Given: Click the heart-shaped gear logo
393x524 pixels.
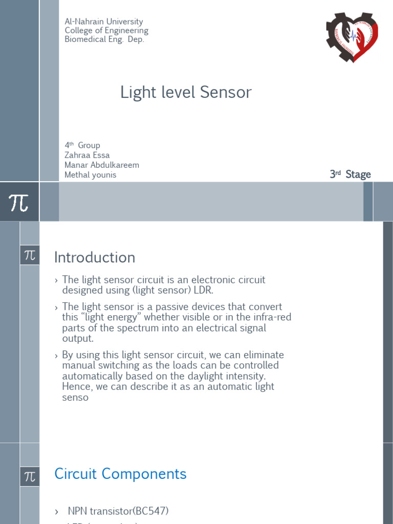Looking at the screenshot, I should coord(353,36).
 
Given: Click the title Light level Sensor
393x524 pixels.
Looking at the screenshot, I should coord(186,92).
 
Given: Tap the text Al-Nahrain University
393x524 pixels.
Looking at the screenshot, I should coord(104,21).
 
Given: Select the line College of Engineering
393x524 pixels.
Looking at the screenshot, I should coord(106,31).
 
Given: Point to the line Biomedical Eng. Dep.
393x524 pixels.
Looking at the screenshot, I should coord(104,39).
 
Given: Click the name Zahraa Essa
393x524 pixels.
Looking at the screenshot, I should coord(87,155).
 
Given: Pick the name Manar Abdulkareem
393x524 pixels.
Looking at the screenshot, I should coord(102,165).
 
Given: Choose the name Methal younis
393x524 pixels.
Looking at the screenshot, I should coord(91,174).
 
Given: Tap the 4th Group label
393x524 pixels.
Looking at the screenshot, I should coord(82,145).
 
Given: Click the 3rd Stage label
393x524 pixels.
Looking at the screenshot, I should coord(351,174).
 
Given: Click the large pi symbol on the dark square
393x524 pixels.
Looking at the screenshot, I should coord(19,203).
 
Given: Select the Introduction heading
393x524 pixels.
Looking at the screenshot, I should coord(95,257).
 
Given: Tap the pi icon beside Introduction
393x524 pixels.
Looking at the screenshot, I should coord(30,255).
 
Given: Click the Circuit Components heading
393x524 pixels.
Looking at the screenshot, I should coord(120,474).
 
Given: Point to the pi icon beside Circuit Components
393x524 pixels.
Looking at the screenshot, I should coord(30,476).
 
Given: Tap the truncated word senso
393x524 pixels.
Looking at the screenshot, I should coord(75,397).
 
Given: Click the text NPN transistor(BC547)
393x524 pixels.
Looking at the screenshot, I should coord(118,511).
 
